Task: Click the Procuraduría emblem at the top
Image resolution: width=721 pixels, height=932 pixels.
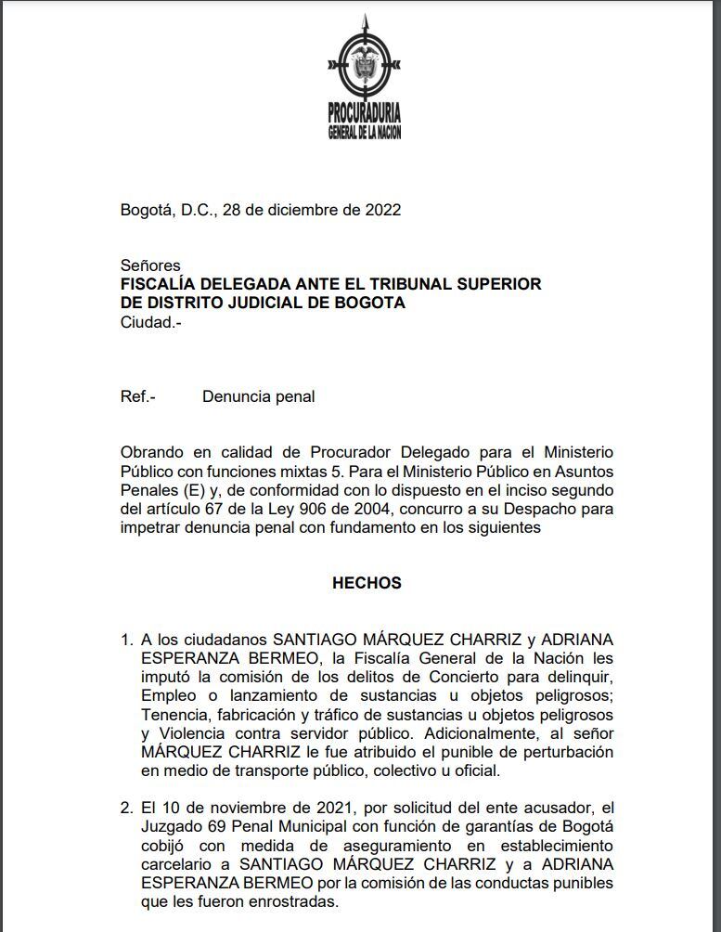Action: [x=365, y=61]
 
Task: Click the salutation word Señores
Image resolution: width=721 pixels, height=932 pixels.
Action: [x=150, y=266]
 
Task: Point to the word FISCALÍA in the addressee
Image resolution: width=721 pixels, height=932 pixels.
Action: [x=159, y=284]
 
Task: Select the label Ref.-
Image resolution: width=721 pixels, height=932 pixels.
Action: [x=138, y=396]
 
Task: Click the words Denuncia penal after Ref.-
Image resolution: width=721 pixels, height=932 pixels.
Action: [x=258, y=396]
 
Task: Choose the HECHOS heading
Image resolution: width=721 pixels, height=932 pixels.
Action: [x=367, y=583]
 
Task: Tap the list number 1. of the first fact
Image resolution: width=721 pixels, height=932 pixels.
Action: [x=127, y=641]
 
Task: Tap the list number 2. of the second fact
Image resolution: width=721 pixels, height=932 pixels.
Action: [x=127, y=809]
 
